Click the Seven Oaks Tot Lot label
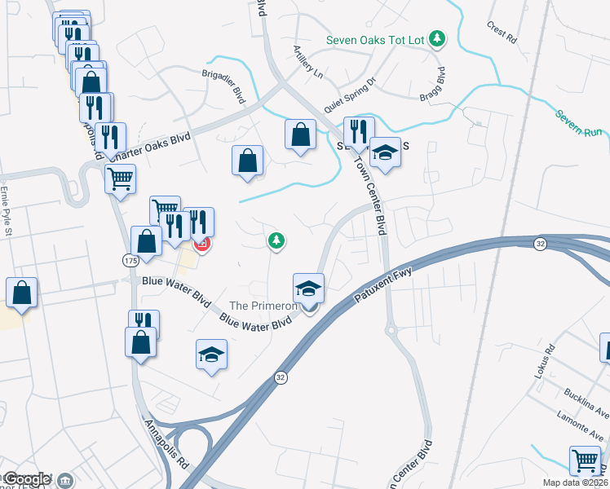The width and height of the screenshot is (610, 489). coord(376,39)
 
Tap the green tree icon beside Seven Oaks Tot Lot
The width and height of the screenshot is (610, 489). coord(438,37)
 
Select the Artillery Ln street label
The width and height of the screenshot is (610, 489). coord(308,62)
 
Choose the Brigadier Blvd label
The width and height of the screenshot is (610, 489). coord(224,85)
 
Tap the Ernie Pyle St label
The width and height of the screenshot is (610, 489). coord(7,207)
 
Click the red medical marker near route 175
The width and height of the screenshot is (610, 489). coord(201,243)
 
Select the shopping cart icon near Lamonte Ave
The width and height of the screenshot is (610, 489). coord(586,461)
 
